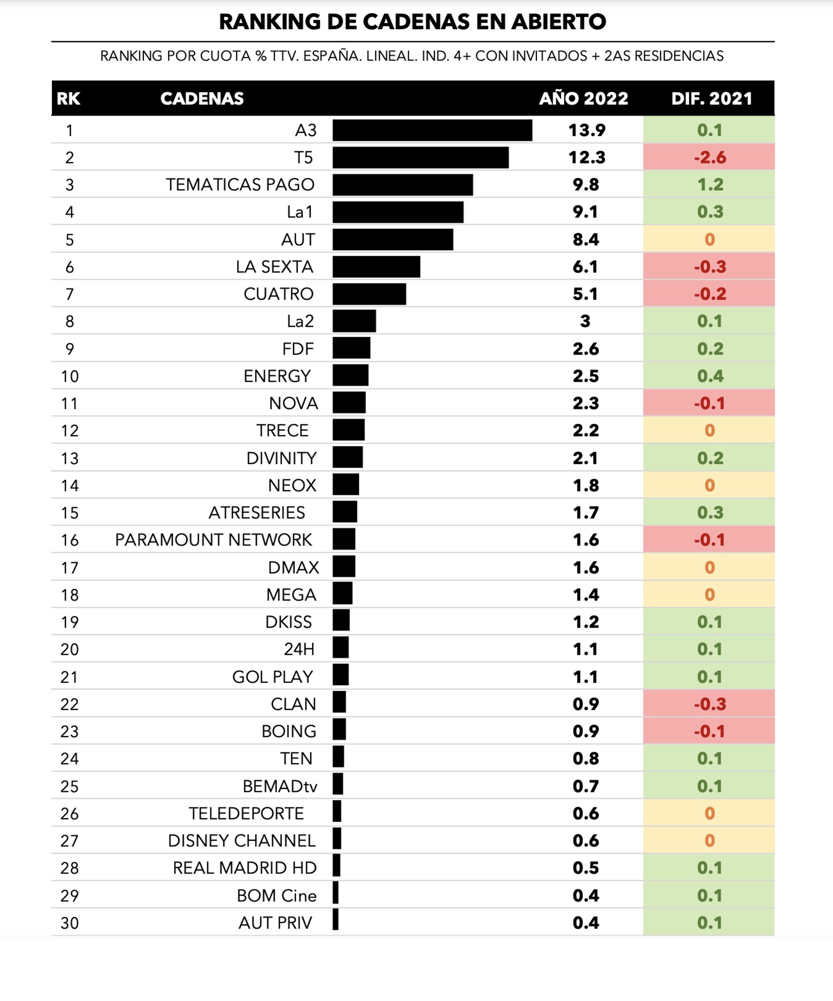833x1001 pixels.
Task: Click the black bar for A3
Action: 432,130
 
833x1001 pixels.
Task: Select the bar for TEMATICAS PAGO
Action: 402,184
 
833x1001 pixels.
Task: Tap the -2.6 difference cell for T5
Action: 709,157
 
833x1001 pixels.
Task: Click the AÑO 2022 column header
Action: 583,99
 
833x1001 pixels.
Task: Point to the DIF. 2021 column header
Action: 711,99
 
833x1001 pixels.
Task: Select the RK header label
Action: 68,99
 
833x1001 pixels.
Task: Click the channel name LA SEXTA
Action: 274,266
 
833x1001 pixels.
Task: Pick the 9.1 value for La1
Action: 585,212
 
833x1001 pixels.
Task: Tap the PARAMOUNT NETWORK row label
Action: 213,540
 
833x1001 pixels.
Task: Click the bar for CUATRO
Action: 369,294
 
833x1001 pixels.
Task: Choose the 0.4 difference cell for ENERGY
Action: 709,376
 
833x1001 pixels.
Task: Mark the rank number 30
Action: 70,923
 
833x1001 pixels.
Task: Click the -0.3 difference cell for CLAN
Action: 709,704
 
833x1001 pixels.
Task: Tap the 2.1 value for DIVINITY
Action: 585,458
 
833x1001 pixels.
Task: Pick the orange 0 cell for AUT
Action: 709,239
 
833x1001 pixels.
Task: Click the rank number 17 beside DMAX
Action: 70,567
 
